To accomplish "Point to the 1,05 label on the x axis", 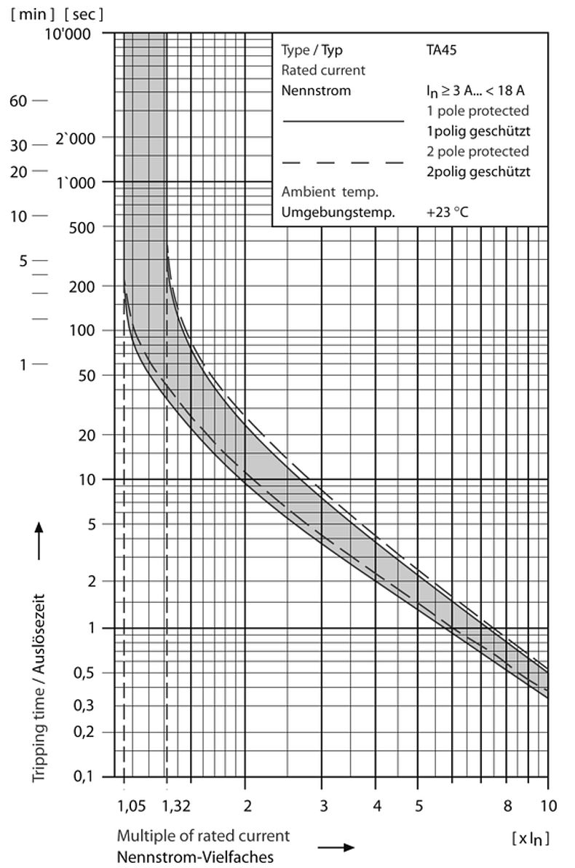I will point(132,805).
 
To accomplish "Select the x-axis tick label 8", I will point(507,805).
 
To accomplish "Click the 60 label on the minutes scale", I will point(19,100).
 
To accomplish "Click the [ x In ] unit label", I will point(530,838).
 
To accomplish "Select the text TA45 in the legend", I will point(442,51).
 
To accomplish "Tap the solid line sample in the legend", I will point(342,122).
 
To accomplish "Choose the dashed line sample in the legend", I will point(342,162).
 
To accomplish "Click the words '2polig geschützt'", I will point(477,173).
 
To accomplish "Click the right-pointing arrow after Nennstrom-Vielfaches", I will point(336,848).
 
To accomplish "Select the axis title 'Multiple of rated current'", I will point(203,836).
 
